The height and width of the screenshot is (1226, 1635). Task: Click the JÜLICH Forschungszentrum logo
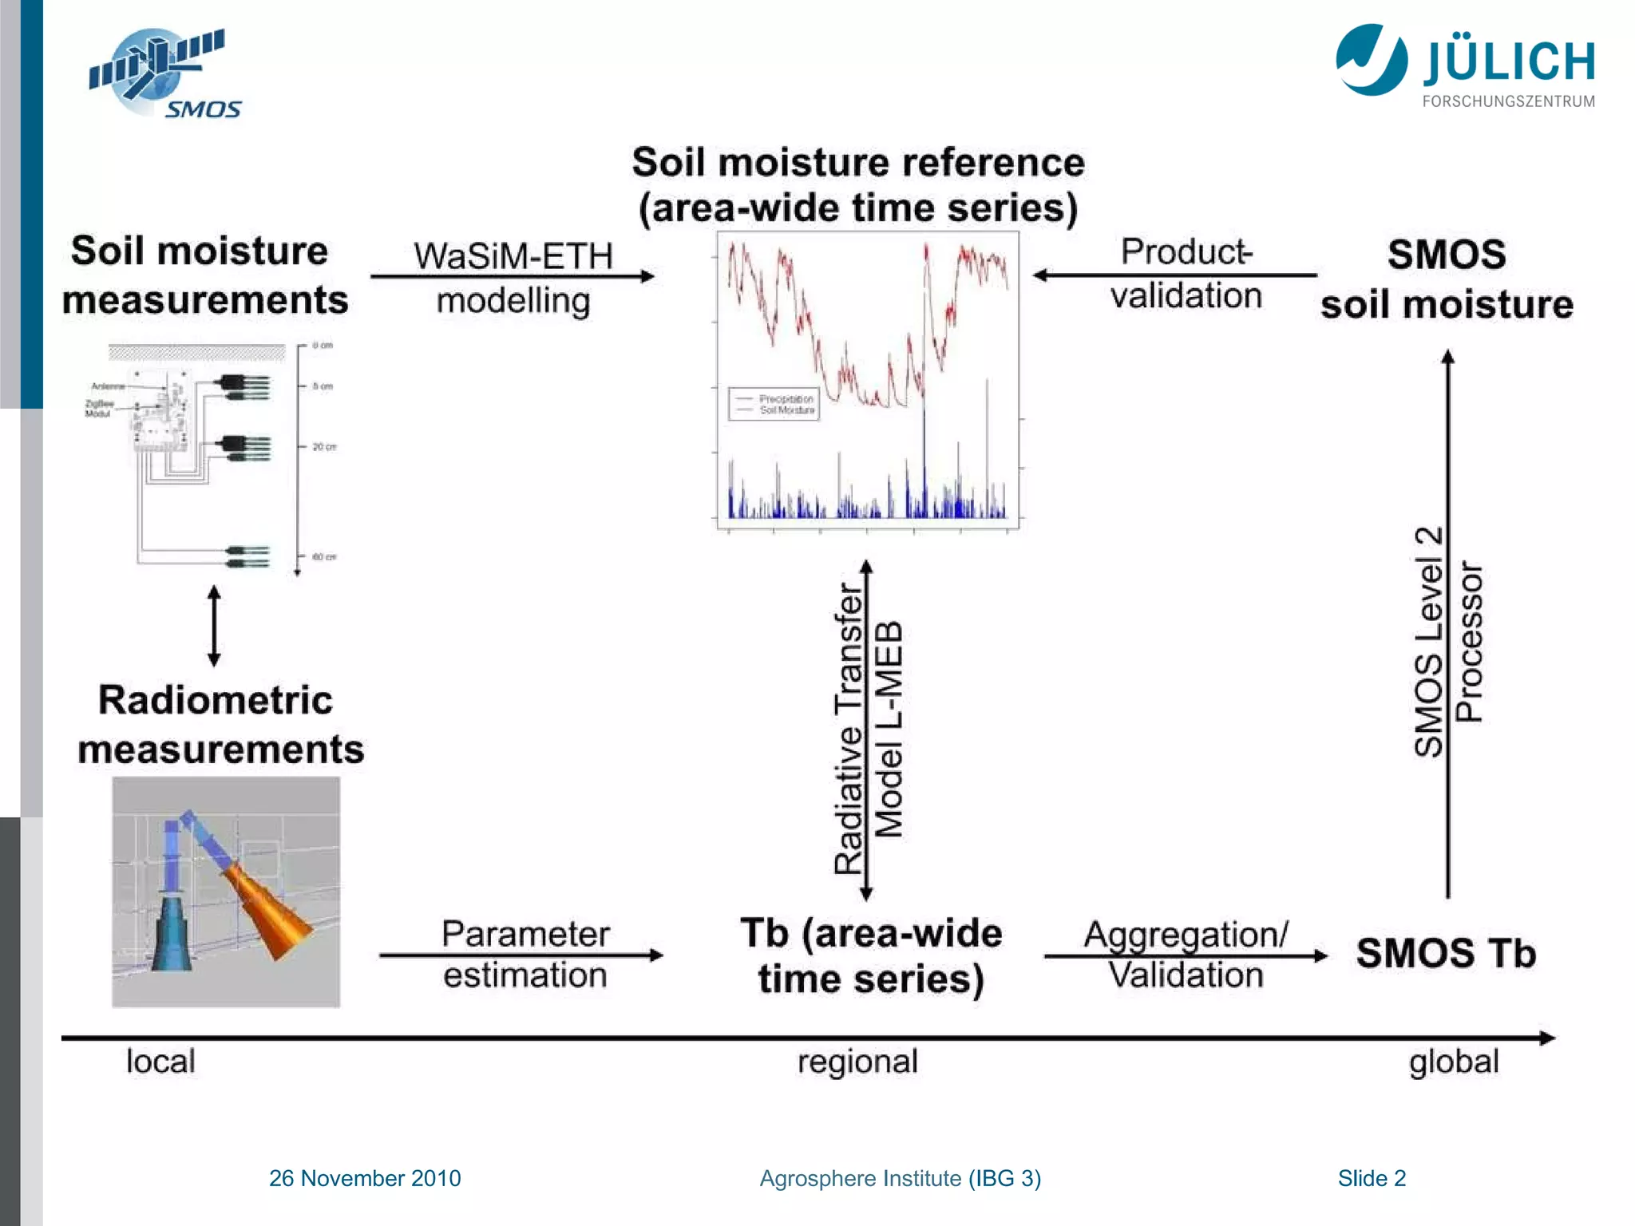[x=1466, y=66]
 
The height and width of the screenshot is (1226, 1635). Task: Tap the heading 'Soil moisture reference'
[x=858, y=163]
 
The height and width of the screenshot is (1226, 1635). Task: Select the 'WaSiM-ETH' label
[x=513, y=256]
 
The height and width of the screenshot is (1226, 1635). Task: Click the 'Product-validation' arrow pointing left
[x=1174, y=275]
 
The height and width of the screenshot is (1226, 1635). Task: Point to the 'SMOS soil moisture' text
[x=1447, y=279]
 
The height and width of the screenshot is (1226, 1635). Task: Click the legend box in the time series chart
[x=774, y=404]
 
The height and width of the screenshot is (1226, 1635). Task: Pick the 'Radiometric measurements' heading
[x=220, y=725]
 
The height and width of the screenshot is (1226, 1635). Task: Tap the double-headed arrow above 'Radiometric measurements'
[x=214, y=626]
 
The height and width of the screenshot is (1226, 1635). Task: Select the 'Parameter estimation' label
[x=525, y=955]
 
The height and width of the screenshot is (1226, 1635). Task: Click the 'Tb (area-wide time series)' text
[x=871, y=955]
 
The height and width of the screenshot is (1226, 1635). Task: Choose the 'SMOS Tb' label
[x=1446, y=953]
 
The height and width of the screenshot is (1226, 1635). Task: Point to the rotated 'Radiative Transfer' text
[x=849, y=728]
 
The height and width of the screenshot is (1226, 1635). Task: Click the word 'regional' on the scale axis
[x=857, y=1062]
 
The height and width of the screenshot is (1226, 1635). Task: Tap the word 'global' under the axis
[x=1454, y=1062]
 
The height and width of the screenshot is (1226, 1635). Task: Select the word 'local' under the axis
[x=160, y=1062]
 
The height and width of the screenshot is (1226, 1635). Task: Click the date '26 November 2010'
[x=365, y=1178]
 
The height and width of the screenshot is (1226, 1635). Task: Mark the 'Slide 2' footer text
[x=1372, y=1178]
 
